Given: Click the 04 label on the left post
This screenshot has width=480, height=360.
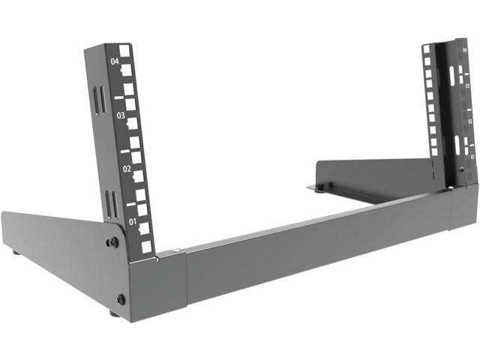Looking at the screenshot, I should pos(115,62).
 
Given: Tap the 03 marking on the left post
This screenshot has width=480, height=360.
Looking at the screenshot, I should pos(121,116).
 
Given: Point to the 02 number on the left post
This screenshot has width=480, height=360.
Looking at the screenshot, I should pos(127,169).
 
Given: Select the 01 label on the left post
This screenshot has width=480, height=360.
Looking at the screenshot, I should pos(133,222).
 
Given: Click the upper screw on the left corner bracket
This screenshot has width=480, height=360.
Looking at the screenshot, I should pos(112,242).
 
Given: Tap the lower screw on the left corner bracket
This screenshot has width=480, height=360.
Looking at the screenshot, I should pos(121,299).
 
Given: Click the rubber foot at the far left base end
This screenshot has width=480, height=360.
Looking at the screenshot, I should pos(16,253).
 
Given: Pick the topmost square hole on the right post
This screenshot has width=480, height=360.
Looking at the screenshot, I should pos(426,49).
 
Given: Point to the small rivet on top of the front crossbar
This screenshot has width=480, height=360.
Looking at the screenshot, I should pos(175,250).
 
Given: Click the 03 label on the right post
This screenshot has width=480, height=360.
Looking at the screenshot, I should pos(467,87).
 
